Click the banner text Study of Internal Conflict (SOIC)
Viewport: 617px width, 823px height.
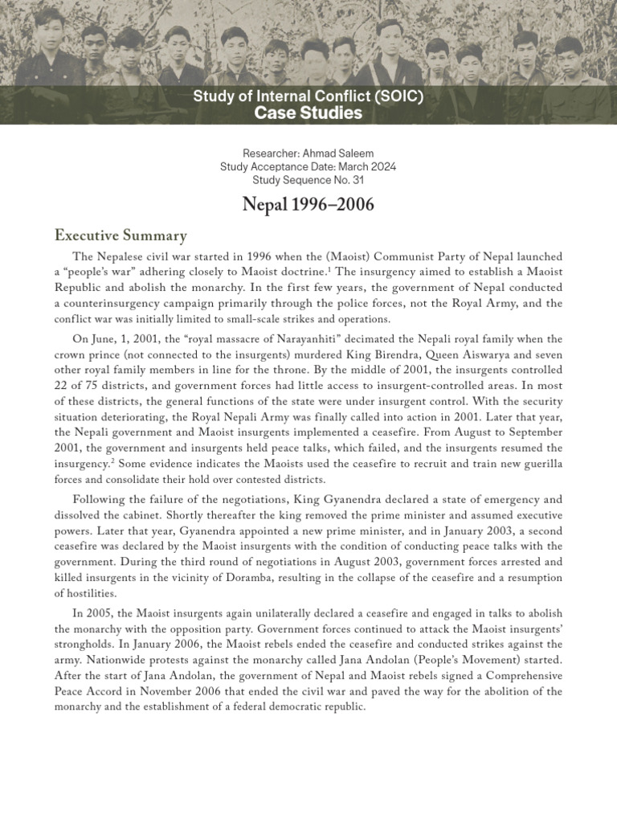(308, 97)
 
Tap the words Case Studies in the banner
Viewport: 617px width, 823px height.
(308, 113)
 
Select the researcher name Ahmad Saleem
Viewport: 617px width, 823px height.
(341, 154)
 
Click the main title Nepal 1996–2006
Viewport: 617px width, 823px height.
(308, 205)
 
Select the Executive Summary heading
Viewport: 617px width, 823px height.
(120, 235)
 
